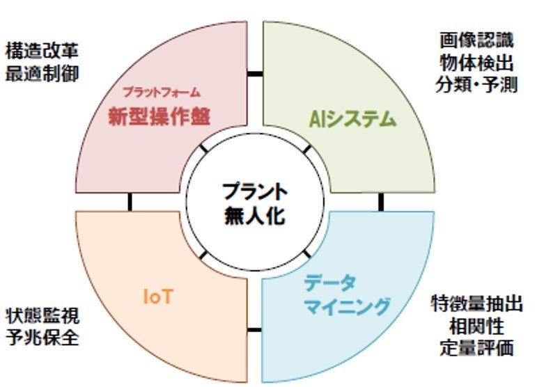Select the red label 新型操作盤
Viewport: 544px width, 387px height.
(160, 117)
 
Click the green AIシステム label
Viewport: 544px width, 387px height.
(352, 119)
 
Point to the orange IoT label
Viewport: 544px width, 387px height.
(157, 297)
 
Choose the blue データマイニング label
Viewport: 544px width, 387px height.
(345, 294)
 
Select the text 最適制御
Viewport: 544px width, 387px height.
(41, 73)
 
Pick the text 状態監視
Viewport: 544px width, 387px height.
(42, 316)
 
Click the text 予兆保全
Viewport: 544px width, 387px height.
(42, 339)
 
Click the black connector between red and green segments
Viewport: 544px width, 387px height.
(255, 73)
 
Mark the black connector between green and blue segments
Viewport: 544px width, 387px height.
(381, 202)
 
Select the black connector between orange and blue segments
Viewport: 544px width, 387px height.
(254, 329)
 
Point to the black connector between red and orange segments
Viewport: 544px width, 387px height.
(130, 202)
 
